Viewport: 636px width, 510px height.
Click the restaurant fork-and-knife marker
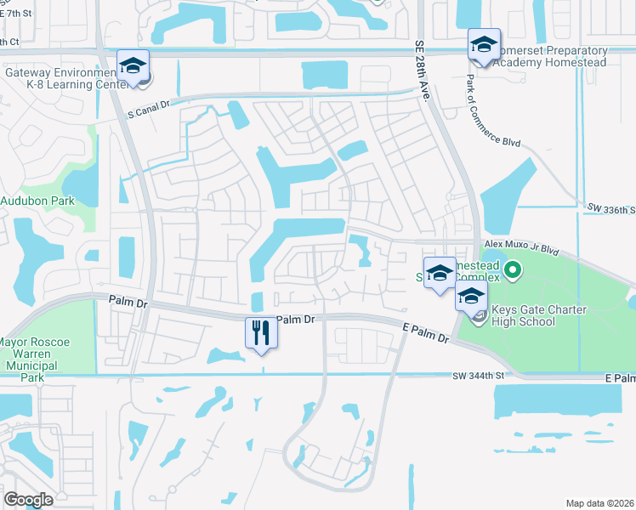click(262, 331)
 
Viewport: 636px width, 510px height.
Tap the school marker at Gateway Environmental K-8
click(133, 67)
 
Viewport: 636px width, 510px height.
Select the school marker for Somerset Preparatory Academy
click(484, 45)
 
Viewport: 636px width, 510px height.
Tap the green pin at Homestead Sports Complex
click(512, 272)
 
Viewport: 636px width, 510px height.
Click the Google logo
click(29, 500)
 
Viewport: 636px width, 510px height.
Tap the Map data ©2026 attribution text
click(599, 503)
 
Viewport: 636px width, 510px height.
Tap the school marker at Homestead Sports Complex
click(440, 274)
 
